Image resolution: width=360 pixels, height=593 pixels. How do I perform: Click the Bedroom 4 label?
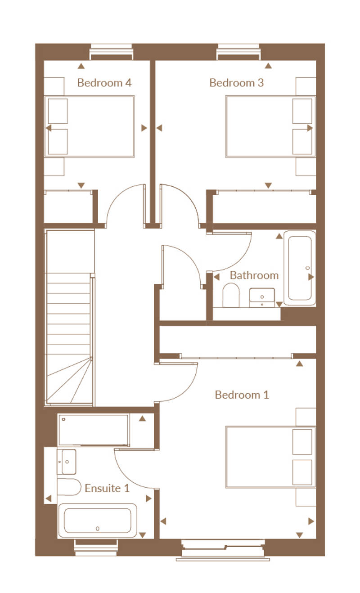[x=104, y=83]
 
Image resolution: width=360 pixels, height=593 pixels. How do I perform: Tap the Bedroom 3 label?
[x=236, y=83]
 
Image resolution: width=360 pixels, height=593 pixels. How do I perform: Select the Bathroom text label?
[x=254, y=275]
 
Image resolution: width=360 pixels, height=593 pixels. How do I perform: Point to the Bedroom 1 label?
[x=242, y=395]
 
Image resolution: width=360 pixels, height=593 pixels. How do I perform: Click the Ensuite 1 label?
[x=107, y=488]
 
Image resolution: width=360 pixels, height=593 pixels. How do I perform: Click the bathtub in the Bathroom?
[x=300, y=268]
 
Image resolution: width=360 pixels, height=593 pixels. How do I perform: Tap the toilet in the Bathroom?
[x=231, y=295]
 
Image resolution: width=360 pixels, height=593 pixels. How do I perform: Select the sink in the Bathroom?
[x=262, y=297]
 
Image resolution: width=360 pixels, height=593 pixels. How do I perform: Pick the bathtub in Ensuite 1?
[x=97, y=521]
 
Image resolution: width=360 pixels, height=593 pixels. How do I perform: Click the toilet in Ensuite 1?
[x=69, y=487]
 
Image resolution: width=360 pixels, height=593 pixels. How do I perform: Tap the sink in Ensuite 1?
[x=67, y=462]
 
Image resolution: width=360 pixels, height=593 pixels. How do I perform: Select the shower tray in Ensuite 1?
[x=93, y=430]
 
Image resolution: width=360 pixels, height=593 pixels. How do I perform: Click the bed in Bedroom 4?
[x=90, y=126]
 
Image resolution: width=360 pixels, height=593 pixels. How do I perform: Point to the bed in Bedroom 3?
[x=270, y=126]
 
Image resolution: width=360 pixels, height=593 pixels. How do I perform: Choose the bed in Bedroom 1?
[x=270, y=457]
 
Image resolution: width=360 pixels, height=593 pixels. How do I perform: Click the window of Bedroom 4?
[x=111, y=52]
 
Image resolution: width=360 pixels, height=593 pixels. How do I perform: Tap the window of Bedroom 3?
[x=238, y=52]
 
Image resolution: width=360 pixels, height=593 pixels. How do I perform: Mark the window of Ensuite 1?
[x=96, y=547]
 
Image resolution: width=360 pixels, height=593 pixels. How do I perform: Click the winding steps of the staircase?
[x=69, y=381]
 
